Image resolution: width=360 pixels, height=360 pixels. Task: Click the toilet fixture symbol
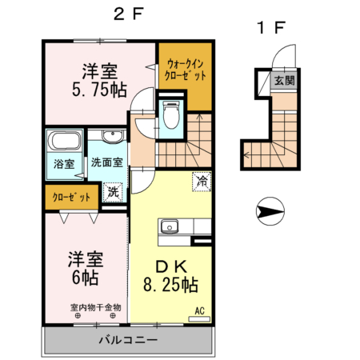point(171,114)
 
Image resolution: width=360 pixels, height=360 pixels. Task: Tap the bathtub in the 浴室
point(64,140)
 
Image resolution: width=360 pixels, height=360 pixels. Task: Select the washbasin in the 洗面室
point(112,136)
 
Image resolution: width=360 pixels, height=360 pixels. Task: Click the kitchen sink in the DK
point(170,226)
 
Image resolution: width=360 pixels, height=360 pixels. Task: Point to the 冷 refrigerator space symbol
point(202,182)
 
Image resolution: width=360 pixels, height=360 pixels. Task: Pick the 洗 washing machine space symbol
point(113,192)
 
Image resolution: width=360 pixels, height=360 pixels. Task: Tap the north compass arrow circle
point(270,211)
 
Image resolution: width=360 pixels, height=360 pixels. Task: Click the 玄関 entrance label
point(285,80)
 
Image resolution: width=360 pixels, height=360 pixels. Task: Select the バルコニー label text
point(128,340)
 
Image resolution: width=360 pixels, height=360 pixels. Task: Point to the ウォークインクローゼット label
point(186,70)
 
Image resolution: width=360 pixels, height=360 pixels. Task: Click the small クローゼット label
point(71,198)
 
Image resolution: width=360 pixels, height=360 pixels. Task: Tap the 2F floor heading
point(129,14)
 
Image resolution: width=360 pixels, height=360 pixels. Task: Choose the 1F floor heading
point(271,28)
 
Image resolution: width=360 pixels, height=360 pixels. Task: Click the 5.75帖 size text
point(99,90)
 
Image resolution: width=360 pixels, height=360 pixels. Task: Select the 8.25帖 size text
point(170,284)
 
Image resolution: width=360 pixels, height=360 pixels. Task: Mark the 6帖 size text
point(86,278)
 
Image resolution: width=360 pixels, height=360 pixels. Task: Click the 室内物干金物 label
point(96,307)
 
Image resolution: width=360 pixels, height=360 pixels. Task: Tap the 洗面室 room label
point(107,162)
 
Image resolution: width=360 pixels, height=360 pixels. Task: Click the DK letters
point(171,266)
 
